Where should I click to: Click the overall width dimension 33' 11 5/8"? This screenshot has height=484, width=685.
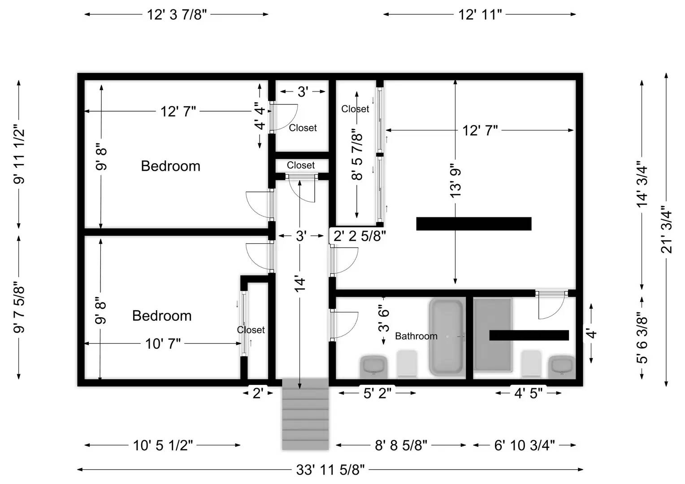pyautogui.click(x=330, y=470)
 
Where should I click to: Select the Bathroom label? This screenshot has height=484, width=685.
pyautogui.click(x=416, y=336)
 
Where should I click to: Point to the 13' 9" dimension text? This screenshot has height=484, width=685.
pyautogui.click(x=455, y=181)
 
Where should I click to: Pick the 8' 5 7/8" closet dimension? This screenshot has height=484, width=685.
pyautogui.click(x=357, y=155)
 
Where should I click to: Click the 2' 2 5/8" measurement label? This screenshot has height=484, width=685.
pyautogui.click(x=360, y=236)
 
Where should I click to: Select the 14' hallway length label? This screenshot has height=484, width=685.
pyautogui.click(x=300, y=285)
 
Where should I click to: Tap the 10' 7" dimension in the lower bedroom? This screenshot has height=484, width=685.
pyautogui.click(x=163, y=344)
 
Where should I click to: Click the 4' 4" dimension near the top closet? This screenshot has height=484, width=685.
pyautogui.click(x=260, y=117)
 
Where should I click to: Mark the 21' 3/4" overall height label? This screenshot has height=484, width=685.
pyautogui.click(x=667, y=232)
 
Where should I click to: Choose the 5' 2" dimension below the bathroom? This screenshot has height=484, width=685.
pyautogui.click(x=377, y=393)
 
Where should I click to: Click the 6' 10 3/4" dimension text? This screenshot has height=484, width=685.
pyautogui.click(x=525, y=445)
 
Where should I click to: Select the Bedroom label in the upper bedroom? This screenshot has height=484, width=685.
pyautogui.click(x=170, y=166)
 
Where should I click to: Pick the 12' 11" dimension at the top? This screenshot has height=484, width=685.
pyautogui.click(x=480, y=14)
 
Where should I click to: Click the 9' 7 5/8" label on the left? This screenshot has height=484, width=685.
pyautogui.click(x=19, y=307)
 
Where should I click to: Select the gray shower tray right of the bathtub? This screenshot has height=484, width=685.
pyautogui.click(x=493, y=335)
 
